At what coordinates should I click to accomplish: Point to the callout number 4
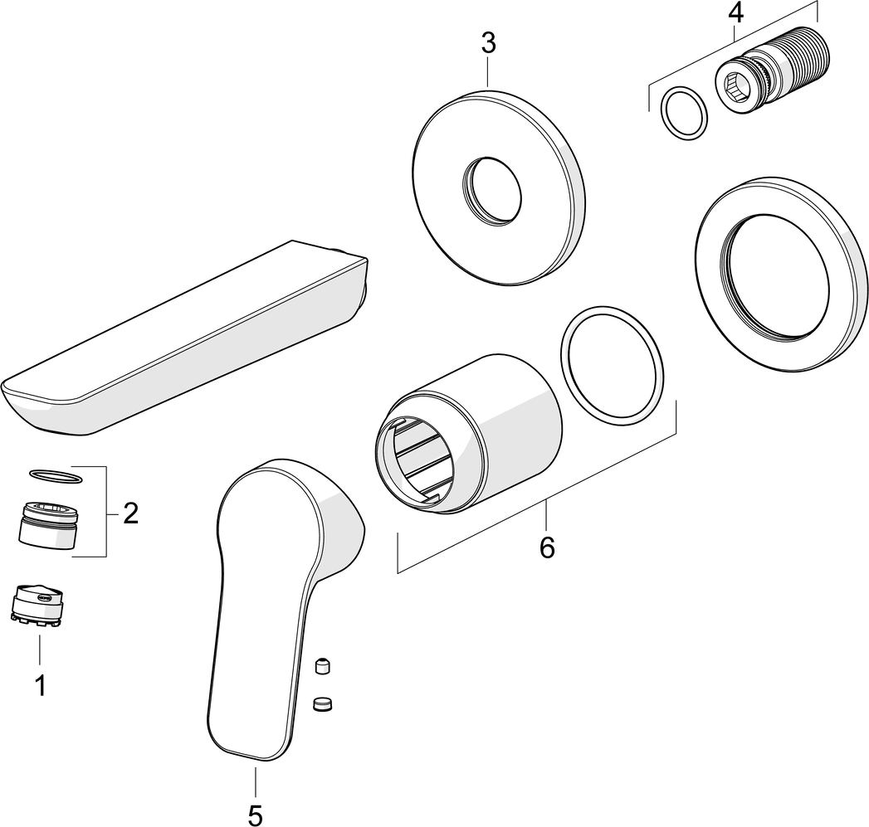coord(735,12)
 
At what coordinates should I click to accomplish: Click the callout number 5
coord(256,813)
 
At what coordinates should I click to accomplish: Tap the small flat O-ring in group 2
coord(56,475)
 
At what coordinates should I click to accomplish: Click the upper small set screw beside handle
coord(322,666)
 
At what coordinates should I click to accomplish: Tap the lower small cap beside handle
coord(322,704)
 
